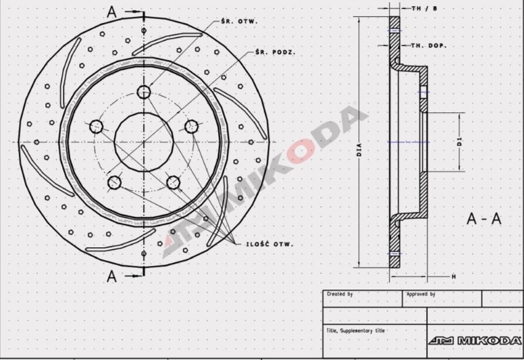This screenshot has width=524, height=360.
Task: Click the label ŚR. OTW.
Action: pyautogui.click(x=239, y=22)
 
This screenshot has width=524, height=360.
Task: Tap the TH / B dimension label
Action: pyautogui.click(x=424, y=9)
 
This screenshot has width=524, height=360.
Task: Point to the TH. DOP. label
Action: pyautogui.click(x=427, y=45)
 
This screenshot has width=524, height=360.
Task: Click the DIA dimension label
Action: pyautogui.click(x=359, y=150)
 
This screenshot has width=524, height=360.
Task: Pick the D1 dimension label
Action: pyautogui.click(x=459, y=142)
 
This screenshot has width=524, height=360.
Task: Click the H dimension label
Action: pyautogui.click(x=454, y=277)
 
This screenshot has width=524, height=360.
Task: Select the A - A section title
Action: pyautogui.click(x=484, y=219)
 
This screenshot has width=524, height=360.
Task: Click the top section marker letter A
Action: pyautogui.click(x=112, y=11)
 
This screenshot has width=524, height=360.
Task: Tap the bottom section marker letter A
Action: pyautogui.click(x=112, y=276)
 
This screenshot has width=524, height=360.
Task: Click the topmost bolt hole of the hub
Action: pyautogui.click(x=144, y=92)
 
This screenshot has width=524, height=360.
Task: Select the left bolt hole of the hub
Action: pyautogui.click(x=96, y=126)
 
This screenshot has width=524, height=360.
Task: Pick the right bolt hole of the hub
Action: pyautogui.click(x=192, y=126)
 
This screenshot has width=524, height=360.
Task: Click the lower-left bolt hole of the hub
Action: pyautogui.click(x=114, y=182)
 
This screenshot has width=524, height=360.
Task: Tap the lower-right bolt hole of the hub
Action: pyautogui.click(x=173, y=182)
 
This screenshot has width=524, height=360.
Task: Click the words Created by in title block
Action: pyautogui.click(x=340, y=294)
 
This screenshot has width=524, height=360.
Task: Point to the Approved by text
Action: pyautogui.click(x=420, y=294)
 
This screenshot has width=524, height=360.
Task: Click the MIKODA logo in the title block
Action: pyautogui.click(x=475, y=340)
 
